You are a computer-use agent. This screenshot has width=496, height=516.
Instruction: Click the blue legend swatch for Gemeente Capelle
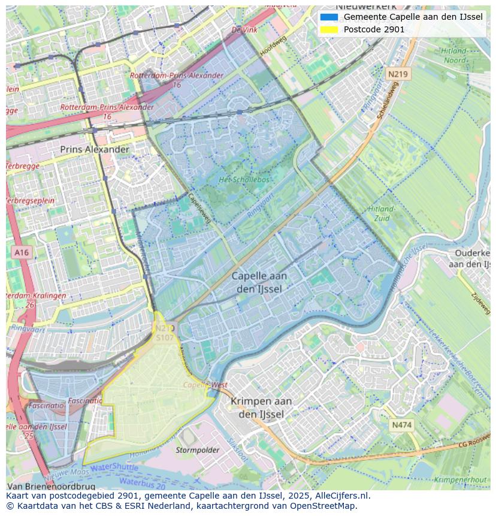pyautogui.click(x=329, y=17)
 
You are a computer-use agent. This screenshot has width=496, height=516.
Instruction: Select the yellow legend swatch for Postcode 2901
pyautogui.click(x=329, y=29)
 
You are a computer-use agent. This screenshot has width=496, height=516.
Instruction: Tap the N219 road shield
pyautogui.click(x=397, y=74)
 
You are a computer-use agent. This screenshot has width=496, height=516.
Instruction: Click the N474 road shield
pyautogui.click(x=401, y=425)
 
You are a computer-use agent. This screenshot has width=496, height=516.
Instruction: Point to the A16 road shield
pyautogui.click(x=22, y=253)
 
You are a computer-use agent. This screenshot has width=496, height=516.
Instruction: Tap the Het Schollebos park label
pyautogui.click(x=244, y=179)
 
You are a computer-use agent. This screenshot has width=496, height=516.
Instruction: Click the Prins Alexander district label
pyautogui.click(x=94, y=149)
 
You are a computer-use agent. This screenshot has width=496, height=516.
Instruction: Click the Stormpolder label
pyautogui.click(x=197, y=449)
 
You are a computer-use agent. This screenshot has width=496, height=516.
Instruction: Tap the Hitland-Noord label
pyautogui.click(x=453, y=56)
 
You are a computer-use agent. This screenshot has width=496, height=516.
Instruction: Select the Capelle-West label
pyautogui.click(x=205, y=385)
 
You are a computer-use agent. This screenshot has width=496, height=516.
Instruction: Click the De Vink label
pyautogui.click(x=244, y=29)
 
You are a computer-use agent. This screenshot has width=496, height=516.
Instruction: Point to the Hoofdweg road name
pyautogui.click(x=273, y=46)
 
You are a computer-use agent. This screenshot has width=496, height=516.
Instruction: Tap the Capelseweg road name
pyautogui.click(x=199, y=208)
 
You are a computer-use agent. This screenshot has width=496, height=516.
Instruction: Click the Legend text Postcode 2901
pyautogui.click(x=374, y=29)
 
